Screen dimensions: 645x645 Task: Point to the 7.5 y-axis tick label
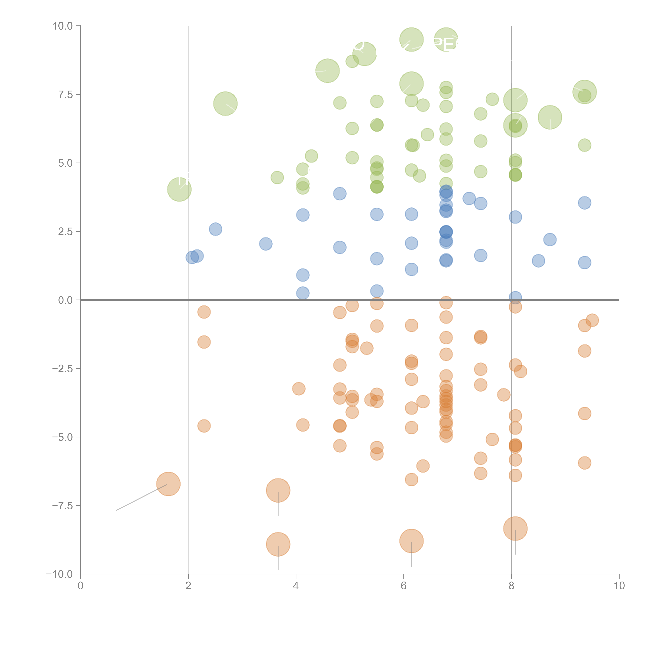(65, 94)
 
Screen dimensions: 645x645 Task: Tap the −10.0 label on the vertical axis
(59, 574)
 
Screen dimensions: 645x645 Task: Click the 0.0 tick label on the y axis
(65, 300)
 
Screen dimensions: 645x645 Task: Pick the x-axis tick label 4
(296, 586)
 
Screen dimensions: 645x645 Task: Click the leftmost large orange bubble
(168, 484)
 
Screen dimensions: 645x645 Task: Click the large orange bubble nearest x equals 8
(515, 529)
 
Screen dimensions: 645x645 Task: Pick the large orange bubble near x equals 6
(411, 541)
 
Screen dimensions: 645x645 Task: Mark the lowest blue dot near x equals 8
(515, 297)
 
